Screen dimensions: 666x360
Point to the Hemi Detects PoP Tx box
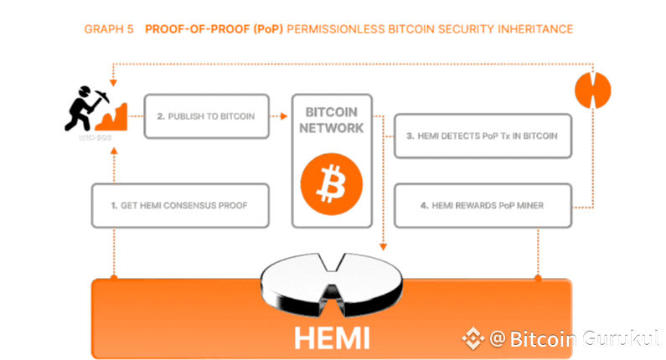tap(483, 136)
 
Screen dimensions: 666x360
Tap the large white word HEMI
tap(332, 338)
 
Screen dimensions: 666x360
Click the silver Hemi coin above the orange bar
tap(331, 285)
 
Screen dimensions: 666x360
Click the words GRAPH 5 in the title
tap(111, 29)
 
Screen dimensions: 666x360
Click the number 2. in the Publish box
tap(161, 116)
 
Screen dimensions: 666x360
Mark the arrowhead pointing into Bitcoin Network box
tap(285, 116)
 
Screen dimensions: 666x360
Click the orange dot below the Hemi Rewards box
tap(537, 276)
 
